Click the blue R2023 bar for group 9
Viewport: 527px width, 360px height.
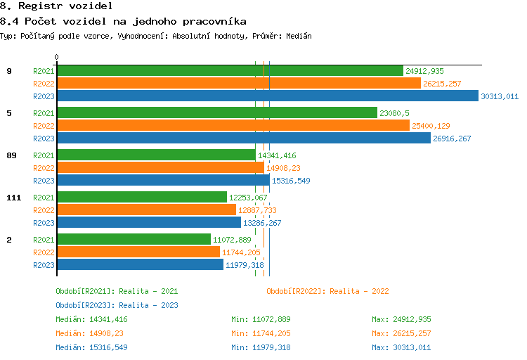pyautogui.click(x=267, y=96)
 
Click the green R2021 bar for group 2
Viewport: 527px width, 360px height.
pyautogui.click(x=134, y=239)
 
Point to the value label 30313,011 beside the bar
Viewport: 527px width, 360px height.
pyautogui.click(x=500, y=96)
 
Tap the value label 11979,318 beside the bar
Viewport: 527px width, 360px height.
pyautogui.click(x=245, y=265)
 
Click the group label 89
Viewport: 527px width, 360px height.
pyautogui.click(x=11, y=155)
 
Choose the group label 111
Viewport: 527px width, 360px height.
pyautogui.click(x=13, y=198)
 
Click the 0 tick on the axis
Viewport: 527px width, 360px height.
pyautogui.click(x=57, y=57)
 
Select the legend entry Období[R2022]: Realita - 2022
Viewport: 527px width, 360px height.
pyautogui.click(x=327, y=291)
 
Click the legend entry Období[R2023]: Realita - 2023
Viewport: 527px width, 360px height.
pyautogui.click(x=117, y=305)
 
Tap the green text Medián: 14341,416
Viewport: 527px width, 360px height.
pyautogui.click(x=91, y=319)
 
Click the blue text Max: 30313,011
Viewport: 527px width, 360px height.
pyautogui.click(x=401, y=347)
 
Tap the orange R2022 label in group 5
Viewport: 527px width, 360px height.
pyautogui.click(x=44, y=126)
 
